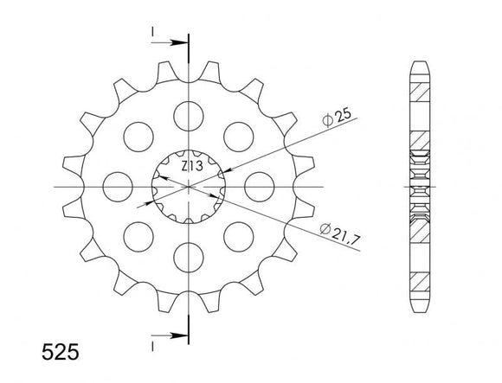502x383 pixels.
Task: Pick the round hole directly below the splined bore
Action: (x=187, y=257)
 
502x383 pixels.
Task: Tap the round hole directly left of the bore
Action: (x=115, y=185)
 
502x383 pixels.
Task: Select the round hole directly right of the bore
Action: (x=259, y=185)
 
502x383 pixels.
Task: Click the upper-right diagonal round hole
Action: (x=238, y=134)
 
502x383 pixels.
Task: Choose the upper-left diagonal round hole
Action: (x=136, y=134)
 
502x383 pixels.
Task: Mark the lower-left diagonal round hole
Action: (x=136, y=236)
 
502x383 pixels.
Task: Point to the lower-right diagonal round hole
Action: (x=238, y=236)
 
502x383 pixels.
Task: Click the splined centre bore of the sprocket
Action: (x=187, y=185)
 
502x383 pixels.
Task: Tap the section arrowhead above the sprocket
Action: (x=180, y=41)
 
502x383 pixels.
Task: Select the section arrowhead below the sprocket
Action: (x=180, y=332)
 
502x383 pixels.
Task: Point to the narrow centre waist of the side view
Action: (x=418, y=185)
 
